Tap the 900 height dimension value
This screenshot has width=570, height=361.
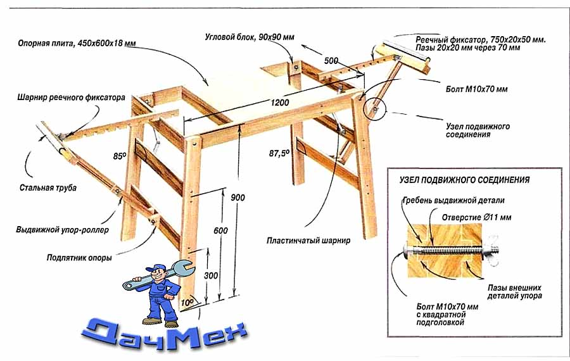(x=237, y=198)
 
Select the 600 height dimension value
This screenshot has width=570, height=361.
(x=220, y=231)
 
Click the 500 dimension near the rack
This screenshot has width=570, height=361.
(x=331, y=61)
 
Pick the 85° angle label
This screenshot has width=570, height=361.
(x=120, y=156)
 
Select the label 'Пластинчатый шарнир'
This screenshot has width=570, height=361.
(x=308, y=241)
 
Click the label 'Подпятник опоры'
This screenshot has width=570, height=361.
(x=79, y=258)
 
